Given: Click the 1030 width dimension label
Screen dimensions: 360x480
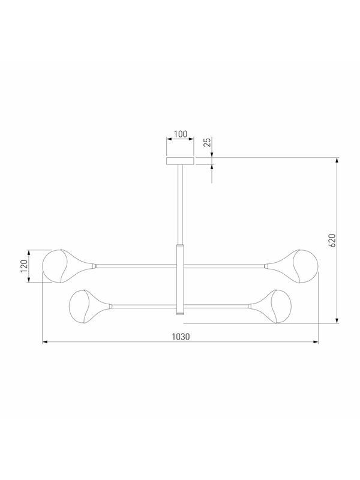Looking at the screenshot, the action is coord(181,337).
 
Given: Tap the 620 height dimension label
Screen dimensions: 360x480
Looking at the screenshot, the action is coord(332,241).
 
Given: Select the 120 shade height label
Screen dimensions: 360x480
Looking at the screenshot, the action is coord(24,266).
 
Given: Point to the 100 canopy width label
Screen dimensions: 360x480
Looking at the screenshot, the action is coord(181,134).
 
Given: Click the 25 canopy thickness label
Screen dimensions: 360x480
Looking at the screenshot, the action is coord(208,142).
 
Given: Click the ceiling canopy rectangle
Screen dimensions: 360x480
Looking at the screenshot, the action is coord(180,161).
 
